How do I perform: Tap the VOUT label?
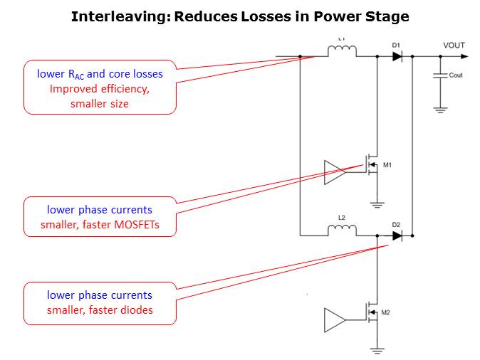pyautogui.click(x=454, y=46)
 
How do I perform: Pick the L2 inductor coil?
pyautogui.click(x=342, y=230)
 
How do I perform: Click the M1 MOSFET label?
pyautogui.click(x=387, y=165)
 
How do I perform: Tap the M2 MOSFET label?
pyautogui.click(x=385, y=312)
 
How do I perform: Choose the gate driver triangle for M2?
pyautogui.click(x=333, y=319)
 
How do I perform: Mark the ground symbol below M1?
pyautogui.click(x=377, y=205)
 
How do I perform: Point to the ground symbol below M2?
pyautogui.click(x=377, y=349)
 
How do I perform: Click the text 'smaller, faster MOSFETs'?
pyautogui.click(x=100, y=225)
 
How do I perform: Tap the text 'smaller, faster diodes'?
pyautogui.click(x=100, y=309)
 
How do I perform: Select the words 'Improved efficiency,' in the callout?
pyautogui.click(x=100, y=89)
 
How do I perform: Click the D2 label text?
pyautogui.click(x=396, y=224)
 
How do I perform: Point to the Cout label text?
pyautogui.click(x=456, y=75)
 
